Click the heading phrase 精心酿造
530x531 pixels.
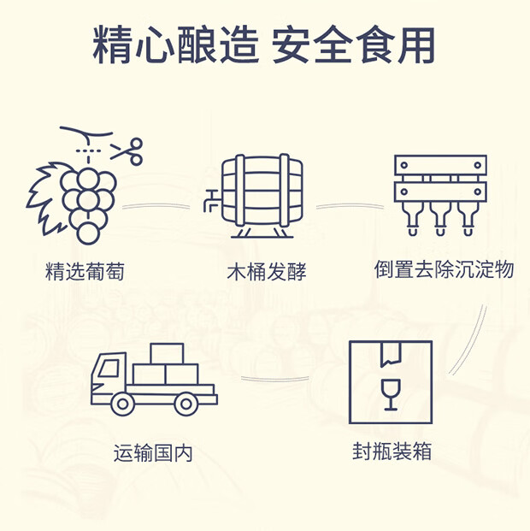174,44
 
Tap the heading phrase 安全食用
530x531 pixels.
353,44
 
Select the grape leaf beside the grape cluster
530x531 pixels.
48,193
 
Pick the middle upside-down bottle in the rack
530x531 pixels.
440,219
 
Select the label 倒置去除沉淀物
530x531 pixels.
444,269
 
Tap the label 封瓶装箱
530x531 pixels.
392,451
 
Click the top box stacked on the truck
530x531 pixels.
168,353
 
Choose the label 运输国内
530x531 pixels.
153,452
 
